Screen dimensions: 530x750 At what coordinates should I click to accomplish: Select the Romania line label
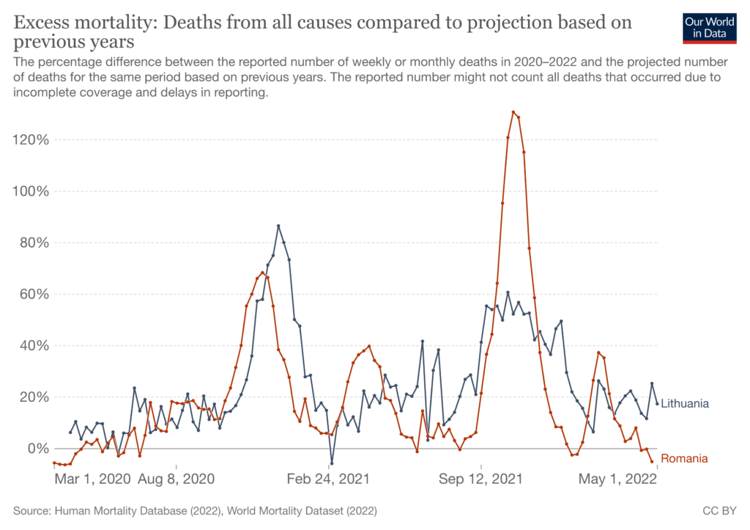(x=684, y=459)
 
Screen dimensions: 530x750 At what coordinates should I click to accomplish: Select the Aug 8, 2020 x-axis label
(x=176, y=479)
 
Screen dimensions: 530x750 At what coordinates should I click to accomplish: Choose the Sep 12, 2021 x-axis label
(x=481, y=479)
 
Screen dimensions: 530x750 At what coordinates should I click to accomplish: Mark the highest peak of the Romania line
(x=513, y=112)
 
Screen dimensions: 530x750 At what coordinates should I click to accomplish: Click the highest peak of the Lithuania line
(x=278, y=226)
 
